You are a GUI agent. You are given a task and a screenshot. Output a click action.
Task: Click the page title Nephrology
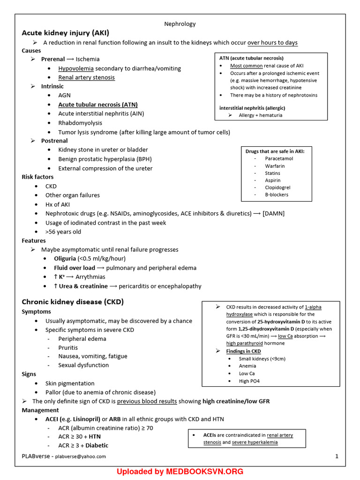click(x=180, y=24)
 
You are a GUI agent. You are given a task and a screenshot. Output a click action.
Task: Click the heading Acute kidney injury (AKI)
click(x=65, y=33)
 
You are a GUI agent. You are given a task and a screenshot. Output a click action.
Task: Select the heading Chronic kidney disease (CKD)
click(x=73, y=302)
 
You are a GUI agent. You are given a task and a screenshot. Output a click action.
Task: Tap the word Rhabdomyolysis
click(x=80, y=123)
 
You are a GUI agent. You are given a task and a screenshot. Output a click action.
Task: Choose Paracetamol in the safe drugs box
click(x=279, y=158)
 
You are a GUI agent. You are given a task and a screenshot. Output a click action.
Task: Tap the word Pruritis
click(x=68, y=348)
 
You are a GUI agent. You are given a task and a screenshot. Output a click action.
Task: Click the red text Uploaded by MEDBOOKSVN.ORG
click(x=180, y=472)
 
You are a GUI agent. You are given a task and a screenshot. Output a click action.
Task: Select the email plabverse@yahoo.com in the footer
click(x=81, y=457)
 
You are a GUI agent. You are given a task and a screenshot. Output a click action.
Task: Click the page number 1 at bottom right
click(x=337, y=456)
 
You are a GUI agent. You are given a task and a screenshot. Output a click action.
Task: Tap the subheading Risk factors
click(x=37, y=177)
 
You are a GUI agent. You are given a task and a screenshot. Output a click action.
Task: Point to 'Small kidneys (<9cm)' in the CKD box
click(x=262, y=359)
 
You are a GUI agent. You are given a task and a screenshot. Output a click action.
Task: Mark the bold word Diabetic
click(x=97, y=445)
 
